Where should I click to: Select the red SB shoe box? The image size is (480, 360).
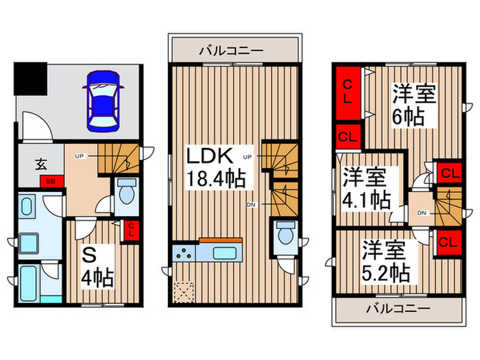(51, 182)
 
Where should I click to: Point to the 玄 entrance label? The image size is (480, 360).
(41, 164)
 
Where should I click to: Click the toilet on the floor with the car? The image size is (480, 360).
(125, 195)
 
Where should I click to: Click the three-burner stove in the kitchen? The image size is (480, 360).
(185, 252)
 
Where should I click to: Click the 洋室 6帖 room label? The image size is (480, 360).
(409, 104)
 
